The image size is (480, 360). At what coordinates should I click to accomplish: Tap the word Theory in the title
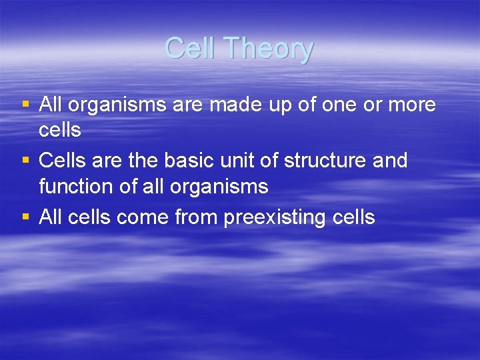[x=268, y=49]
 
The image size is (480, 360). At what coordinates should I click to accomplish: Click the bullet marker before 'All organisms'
[x=25, y=105]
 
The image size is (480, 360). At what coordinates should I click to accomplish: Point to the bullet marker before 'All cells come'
[x=25, y=217]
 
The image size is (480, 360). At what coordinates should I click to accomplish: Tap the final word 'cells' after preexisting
[x=352, y=217]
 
